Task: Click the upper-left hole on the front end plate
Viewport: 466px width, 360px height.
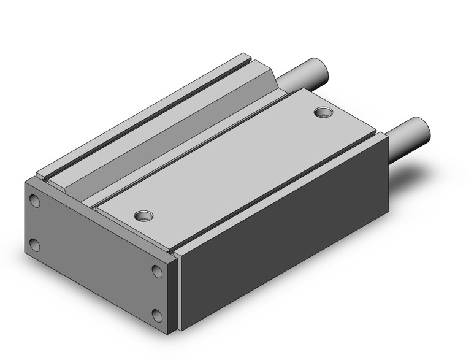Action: [x=34, y=201]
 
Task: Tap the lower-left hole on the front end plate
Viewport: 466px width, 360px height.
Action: [x=35, y=245]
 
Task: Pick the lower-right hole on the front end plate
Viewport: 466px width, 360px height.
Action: [x=158, y=316]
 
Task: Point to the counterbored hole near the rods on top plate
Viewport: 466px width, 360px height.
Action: [x=321, y=112]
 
